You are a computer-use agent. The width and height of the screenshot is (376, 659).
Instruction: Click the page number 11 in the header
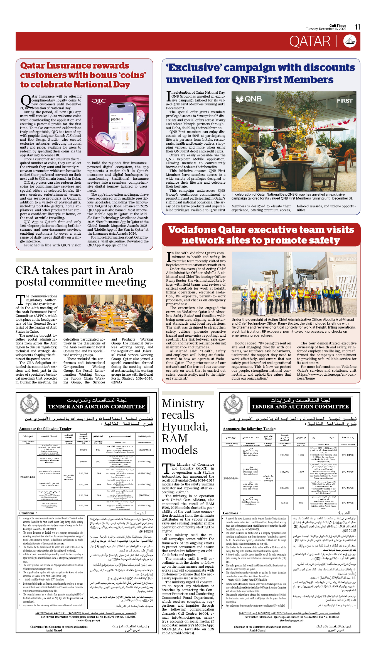pyautogui.click(x=357, y=27)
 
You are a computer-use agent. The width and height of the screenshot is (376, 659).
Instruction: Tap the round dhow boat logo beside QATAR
pyautogui.click(x=350, y=41)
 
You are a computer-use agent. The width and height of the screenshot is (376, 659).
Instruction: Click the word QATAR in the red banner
pyautogui.click(x=310, y=41)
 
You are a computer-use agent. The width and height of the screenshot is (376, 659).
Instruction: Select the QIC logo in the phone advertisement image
pyautogui.click(x=99, y=101)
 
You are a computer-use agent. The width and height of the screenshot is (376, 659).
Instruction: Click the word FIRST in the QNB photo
pyautogui.click(x=345, y=101)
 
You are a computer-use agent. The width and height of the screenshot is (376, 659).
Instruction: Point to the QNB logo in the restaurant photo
pyautogui.click(x=249, y=99)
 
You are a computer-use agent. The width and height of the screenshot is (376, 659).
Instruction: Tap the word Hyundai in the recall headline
pyautogui.click(x=185, y=427)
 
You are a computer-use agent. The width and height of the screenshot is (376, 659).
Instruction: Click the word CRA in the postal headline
pyautogui.click(x=27, y=270)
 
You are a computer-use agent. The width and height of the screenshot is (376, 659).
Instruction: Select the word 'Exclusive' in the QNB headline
pyautogui.click(x=194, y=68)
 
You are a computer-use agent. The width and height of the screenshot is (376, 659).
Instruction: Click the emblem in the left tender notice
pyautogui.click(x=30, y=405)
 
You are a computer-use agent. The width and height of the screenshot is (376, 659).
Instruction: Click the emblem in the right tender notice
pyautogui.click(x=233, y=405)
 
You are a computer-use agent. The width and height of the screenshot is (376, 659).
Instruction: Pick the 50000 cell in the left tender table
pyautogui.click(x=83, y=450)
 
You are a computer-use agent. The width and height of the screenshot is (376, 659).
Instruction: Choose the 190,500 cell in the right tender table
pyautogui.click(x=284, y=455)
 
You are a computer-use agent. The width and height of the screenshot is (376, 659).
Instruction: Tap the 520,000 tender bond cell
pyautogui.click(x=284, y=488)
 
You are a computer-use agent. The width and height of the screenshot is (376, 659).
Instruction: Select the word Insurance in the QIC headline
pyautogui.click(x=75, y=66)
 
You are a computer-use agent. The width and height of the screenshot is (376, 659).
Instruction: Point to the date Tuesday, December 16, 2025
pyautogui.click(x=326, y=29)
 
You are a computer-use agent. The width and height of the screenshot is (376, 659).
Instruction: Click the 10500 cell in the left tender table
pyautogui.click(x=83, y=461)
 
